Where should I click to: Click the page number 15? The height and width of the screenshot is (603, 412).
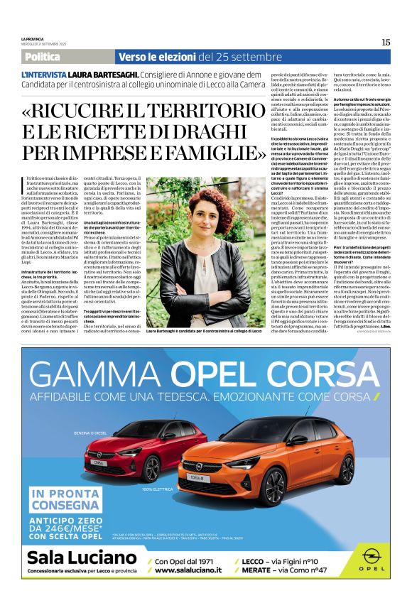386,42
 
